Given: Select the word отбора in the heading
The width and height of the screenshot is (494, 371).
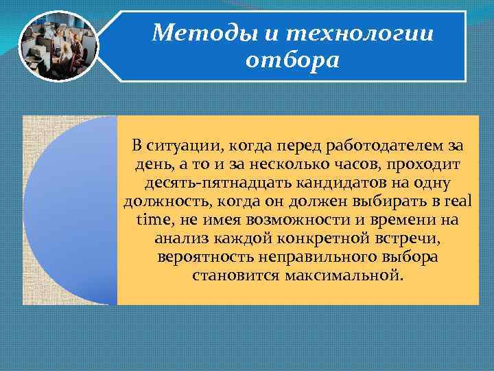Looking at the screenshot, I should [292, 61].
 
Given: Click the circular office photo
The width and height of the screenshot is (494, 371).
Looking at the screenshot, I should [58, 46].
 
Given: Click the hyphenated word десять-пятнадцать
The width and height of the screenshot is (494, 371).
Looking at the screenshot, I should [219, 183].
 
